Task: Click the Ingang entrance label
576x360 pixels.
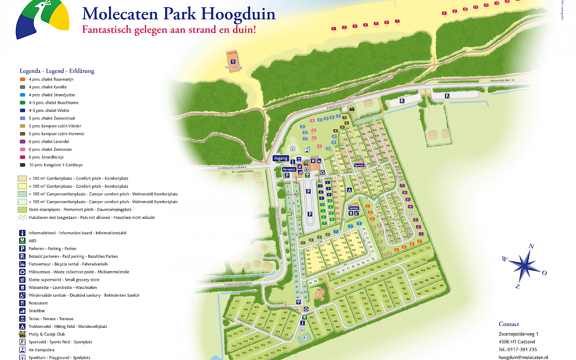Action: [281, 158]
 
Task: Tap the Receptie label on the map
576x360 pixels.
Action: [288, 169]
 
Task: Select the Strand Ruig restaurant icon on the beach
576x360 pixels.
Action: [233, 61]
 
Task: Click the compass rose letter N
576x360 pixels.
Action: [531, 246]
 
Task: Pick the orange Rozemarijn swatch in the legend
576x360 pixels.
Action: [22, 79]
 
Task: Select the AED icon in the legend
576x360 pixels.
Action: [22, 241]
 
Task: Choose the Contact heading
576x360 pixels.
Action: [509, 324]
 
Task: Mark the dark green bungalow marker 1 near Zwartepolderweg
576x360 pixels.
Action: [351, 109]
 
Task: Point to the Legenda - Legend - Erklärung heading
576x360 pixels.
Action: [57, 71]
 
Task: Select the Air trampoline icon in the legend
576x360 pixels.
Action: [22, 350]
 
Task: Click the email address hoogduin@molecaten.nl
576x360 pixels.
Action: [523, 357]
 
